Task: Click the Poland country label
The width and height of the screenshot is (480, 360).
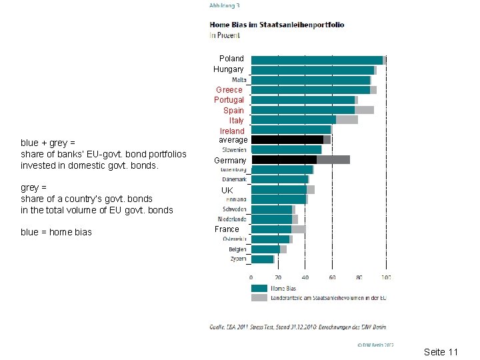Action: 231,59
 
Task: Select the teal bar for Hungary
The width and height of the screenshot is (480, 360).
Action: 313,69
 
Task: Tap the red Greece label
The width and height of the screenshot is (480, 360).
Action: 229,89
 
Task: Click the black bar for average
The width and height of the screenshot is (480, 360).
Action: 287,139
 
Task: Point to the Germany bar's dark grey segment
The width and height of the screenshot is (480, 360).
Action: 333,159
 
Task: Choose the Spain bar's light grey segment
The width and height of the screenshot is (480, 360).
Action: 364,109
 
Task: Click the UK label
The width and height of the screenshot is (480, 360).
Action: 227,190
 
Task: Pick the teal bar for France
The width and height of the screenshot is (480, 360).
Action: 271,229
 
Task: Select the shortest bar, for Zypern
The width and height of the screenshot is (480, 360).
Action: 262,259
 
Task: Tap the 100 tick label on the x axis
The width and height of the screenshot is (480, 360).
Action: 387,276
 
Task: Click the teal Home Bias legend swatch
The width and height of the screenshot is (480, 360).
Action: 259,288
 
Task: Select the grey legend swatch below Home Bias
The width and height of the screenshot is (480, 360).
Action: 259,297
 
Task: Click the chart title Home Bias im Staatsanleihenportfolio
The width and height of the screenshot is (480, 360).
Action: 277,25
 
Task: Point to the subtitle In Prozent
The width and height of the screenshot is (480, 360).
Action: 225,34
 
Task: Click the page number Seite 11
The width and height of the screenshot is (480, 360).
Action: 441,351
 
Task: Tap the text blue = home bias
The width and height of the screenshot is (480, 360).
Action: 56,232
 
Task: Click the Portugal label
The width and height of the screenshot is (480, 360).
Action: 229,100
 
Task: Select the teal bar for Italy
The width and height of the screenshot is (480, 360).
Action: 293,119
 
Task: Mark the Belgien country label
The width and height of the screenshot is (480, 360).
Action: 237,249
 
